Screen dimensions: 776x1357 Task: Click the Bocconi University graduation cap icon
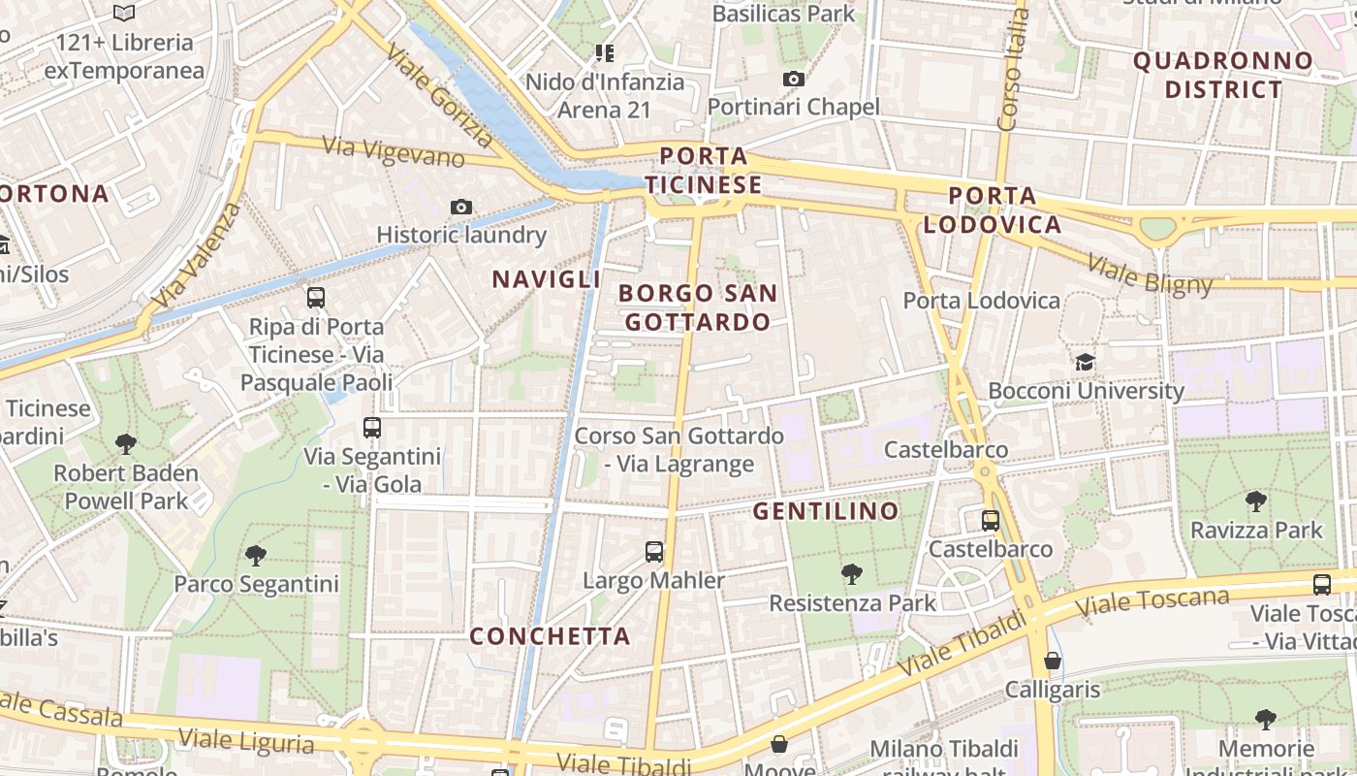[x=1085, y=362]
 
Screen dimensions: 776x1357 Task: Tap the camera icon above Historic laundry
[x=461, y=207]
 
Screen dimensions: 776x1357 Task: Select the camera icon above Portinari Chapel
[x=794, y=79]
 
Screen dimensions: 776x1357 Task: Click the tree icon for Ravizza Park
[x=1256, y=501]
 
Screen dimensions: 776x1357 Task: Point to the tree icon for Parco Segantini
[x=256, y=555]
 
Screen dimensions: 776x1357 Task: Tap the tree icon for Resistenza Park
[x=852, y=573]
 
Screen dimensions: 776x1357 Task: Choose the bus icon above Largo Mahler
[x=654, y=552]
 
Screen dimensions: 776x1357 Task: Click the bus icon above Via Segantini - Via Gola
[x=372, y=427]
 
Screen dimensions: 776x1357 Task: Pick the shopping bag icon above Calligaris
[x=1053, y=661]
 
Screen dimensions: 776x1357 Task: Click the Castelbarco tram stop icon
[x=990, y=520]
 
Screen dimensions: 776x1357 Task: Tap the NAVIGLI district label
[x=547, y=279]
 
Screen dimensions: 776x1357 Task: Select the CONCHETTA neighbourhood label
[x=550, y=636]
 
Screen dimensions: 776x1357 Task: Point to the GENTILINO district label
[x=826, y=511]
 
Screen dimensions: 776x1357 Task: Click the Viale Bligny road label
[x=1150, y=274]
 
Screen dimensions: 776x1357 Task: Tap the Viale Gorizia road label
[x=438, y=93]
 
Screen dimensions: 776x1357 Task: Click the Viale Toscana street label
[x=1152, y=602]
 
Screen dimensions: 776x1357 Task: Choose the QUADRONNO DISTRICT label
[x=1223, y=75]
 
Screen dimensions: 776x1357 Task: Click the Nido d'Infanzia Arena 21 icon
[x=605, y=52]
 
